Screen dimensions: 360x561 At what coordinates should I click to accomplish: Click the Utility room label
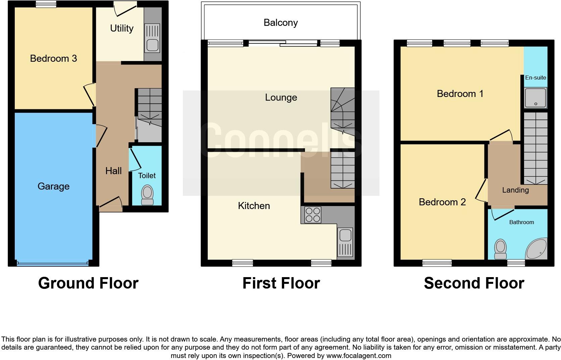(121, 28)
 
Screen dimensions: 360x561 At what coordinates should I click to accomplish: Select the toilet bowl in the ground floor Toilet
(147, 194)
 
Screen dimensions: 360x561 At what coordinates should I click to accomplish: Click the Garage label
(53, 186)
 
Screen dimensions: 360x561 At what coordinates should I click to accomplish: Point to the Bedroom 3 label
(53, 58)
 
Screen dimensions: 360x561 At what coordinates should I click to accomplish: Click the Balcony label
(280, 22)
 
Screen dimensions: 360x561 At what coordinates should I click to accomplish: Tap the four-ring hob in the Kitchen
(312, 215)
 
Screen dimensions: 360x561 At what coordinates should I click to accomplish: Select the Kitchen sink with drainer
(346, 242)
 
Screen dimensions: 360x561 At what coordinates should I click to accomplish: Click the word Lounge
(281, 97)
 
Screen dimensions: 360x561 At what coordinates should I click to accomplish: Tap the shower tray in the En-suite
(536, 98)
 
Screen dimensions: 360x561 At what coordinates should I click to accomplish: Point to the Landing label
(515, 190)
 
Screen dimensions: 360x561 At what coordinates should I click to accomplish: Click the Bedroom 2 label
(442, 202)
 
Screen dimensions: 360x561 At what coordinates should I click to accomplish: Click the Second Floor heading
(474, 283)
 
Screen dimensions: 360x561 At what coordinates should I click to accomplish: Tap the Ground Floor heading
(88, 283)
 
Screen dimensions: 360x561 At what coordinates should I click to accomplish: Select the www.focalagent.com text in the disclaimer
(359, 356)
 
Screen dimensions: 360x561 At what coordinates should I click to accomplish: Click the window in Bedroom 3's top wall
(46, 4)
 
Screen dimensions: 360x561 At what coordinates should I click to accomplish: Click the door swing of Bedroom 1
(501, 135)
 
